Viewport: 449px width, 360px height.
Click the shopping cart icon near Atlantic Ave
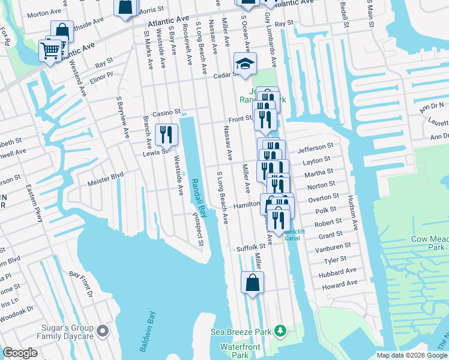(x=50, y=50)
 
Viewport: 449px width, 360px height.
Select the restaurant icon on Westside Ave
(x=166, y=134)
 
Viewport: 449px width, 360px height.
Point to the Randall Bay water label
(x=199, y=197)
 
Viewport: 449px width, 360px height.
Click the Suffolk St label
(x=250, y=247)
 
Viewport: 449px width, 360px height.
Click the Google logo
(x=20, y=353)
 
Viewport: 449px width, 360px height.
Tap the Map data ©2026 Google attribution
(x=412, y=355)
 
